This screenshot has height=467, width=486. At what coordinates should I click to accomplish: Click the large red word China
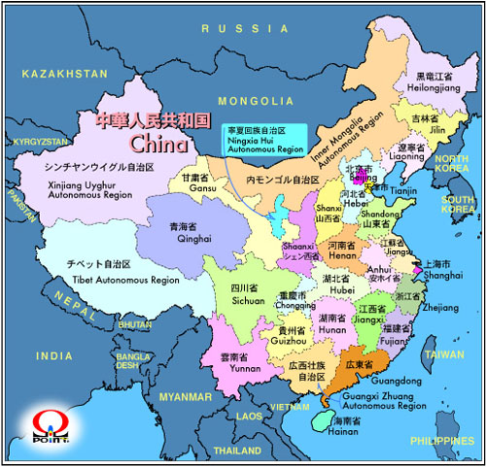[x=156, y=144]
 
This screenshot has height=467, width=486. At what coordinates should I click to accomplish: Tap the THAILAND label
[x=238, y=451]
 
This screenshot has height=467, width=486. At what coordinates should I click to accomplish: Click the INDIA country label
[x=54, y=356]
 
